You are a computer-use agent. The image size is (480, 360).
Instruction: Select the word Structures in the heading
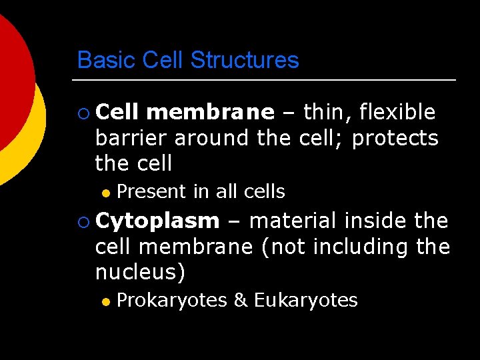(x=244, y=61)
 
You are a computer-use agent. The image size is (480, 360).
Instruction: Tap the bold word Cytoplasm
(x=157, y=221)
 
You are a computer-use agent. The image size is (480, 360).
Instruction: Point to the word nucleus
(x=137, y=273)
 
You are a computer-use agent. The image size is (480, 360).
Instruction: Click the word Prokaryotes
(x=171, y=301)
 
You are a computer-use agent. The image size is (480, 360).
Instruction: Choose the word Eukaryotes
(x=305, y=301)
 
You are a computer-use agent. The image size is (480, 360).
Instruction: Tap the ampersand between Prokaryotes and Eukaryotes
(x=240, y=301)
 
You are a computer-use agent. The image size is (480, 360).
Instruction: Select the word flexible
(x=397, y=113)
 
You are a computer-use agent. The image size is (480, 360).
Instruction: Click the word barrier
(x=132, y=138)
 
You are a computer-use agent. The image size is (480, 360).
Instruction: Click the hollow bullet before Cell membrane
(x=83, y=113)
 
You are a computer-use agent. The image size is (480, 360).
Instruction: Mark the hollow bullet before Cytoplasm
(x=83, y=221)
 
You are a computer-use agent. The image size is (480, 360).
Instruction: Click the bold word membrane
(x=210, y=113)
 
